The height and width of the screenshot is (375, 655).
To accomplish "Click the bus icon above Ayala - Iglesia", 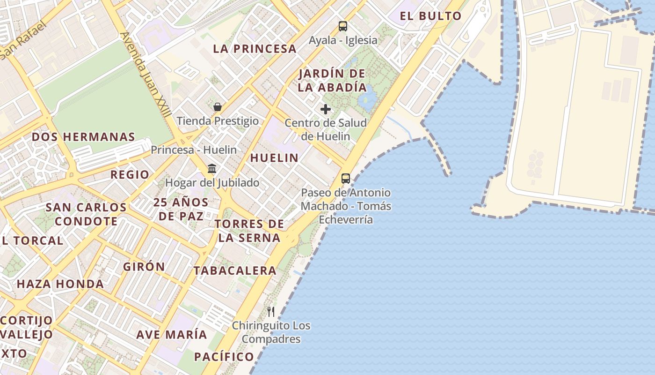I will pos(343,26).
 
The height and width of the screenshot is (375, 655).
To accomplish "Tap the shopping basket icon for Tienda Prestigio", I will pos(217,107).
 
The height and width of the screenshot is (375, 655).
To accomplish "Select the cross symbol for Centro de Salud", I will pos(326,109).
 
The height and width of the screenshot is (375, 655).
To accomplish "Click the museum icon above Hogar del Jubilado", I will pos(212,168).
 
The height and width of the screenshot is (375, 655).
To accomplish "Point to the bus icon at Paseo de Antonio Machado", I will pos(346,178).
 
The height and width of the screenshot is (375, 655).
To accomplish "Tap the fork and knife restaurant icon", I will pos(271,311).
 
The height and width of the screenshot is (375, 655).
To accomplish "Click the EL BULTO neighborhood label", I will pos(430,16).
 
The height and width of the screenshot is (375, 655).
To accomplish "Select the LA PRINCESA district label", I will pos(255,49).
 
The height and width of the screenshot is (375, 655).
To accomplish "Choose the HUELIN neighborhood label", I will pos(274,158).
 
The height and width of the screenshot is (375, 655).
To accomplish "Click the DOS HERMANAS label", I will pos(83,137).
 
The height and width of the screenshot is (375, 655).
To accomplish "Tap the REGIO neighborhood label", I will pos(130,175).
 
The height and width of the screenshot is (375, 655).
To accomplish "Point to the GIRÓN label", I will pos(144,267).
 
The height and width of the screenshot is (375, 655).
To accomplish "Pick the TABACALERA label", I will pos(235,270).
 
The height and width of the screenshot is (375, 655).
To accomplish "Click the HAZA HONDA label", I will pos(60,284).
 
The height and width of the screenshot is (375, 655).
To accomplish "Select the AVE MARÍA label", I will pos(171,335).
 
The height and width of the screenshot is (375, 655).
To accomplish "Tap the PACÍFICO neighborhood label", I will pos(224,357).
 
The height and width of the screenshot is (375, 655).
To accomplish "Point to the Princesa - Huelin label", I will pos(194,150).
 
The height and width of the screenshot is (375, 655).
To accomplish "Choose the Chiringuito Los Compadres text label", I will pos(271,332).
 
